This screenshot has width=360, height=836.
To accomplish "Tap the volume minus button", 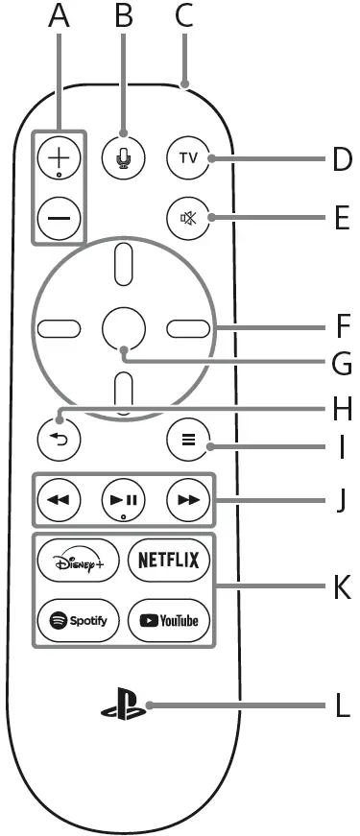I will tap(58, 219).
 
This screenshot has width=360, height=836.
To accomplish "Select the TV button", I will tap(185, 156).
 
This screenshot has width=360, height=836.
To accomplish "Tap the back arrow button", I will tap(58, 439).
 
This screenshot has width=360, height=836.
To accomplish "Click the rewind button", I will tap(58, 500).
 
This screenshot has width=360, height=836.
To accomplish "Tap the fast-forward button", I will tap(185, 500).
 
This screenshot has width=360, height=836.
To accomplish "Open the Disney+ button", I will tap(79, 561).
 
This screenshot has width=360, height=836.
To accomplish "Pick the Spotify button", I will tap(79, 620).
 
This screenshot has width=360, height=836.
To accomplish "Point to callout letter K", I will tap(342, 587).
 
